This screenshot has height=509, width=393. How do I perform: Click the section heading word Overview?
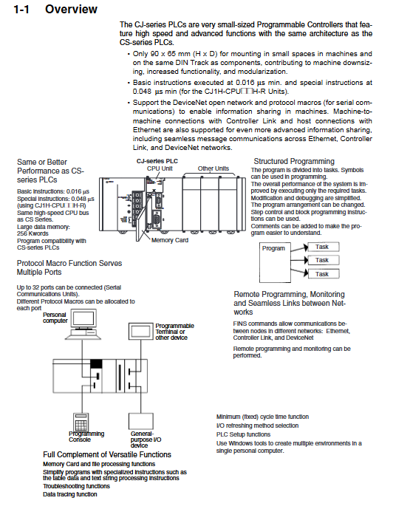(71, 9)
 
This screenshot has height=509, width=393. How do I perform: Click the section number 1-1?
(21, 10)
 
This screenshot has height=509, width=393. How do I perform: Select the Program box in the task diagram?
(275, 262)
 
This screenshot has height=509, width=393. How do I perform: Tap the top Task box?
(324, 247)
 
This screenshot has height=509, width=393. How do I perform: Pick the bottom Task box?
(324, 274)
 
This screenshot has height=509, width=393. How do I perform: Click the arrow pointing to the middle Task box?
(299, 260)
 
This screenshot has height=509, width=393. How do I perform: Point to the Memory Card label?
(170, 240)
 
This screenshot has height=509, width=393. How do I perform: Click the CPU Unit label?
(160, 168)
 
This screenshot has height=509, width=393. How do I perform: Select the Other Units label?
(213, 168)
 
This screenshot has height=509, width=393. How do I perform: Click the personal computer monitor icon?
(84, 319)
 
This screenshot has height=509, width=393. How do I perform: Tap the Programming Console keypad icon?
(81, 423)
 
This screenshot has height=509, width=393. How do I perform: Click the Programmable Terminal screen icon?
(140, 331)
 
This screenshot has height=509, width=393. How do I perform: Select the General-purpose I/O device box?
(141, 421)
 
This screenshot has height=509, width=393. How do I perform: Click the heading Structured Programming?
(294, 161)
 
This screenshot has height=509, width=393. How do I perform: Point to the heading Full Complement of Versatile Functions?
(107, 454)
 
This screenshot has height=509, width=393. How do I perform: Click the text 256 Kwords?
(33, 233)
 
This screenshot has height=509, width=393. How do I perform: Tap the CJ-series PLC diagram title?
(157, 161)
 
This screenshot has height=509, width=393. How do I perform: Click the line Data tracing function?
(70, 494)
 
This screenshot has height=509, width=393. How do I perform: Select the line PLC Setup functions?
(243, 434)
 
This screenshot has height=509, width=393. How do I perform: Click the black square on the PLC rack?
(96, 363)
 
